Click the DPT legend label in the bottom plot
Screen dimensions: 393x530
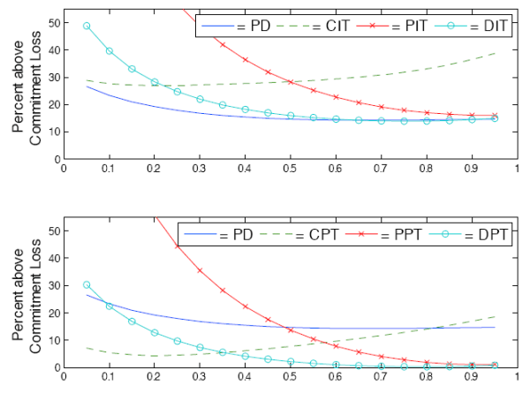488,237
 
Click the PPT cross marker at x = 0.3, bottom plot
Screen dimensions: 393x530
201,270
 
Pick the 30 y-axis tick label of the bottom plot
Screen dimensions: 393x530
51,285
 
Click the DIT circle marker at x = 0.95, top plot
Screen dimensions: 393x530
495,117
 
